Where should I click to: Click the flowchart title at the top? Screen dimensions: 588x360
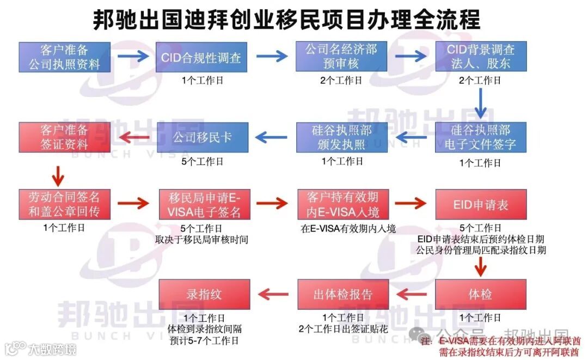tap(286, 19)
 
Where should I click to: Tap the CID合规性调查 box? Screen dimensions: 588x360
tap(201, 57)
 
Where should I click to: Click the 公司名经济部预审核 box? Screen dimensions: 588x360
tap(341, 57)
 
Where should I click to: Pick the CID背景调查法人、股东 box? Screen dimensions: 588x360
tap(481, 57)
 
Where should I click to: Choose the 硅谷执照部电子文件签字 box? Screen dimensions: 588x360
tap(481, 137)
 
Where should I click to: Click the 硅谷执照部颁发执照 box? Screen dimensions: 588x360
tap(341, 137)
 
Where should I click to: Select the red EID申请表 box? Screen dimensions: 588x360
tap(481, 204)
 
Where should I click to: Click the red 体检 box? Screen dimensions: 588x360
tap(481, 294)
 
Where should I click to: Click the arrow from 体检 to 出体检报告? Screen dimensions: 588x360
tap(412, 295)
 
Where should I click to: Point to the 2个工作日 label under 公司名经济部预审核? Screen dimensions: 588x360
tap(341, 80)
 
